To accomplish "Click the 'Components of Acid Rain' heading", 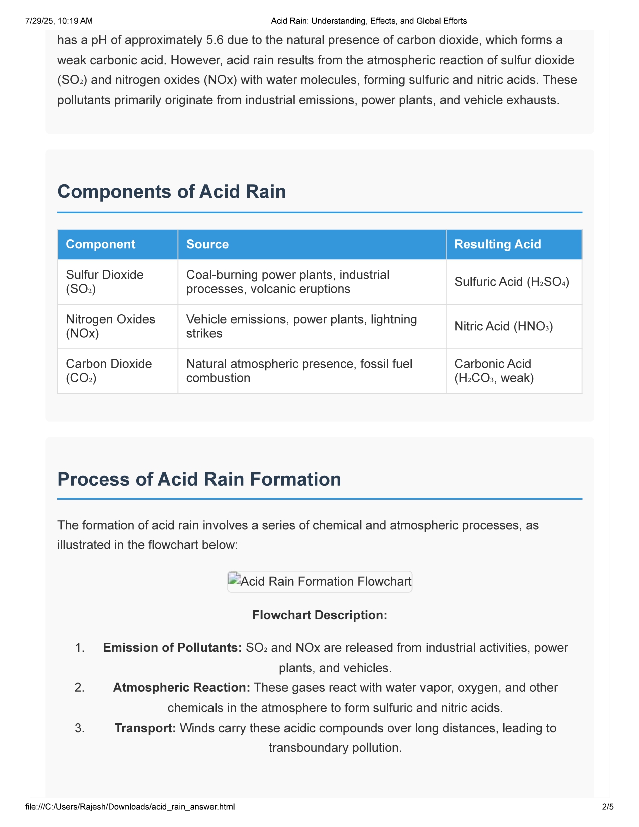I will [171, 192].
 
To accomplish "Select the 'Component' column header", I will [101, 244].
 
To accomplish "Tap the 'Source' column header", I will [207, 244].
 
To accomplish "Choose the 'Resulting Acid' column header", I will [497, 244].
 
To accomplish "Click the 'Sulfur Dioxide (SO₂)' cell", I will [105, 282].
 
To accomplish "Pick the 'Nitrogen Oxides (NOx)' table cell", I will [111, 326].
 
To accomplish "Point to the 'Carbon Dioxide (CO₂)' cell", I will [109, 371].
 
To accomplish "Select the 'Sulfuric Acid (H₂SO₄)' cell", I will [512, 282].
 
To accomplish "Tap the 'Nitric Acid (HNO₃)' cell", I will [503, 326].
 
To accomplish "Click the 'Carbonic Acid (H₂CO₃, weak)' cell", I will [494, 371].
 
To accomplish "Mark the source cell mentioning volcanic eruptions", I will [288, 282].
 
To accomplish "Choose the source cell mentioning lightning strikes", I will [301, 326].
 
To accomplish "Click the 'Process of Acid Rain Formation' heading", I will [199, 479].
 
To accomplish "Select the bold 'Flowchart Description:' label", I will [319, 615].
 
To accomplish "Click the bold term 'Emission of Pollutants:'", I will [172, 648].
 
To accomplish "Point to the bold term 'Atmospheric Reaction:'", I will [181, 688].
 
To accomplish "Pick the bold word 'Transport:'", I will [145, 728].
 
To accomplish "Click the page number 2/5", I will [607, 807].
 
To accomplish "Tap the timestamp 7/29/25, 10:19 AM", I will [59, 21].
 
